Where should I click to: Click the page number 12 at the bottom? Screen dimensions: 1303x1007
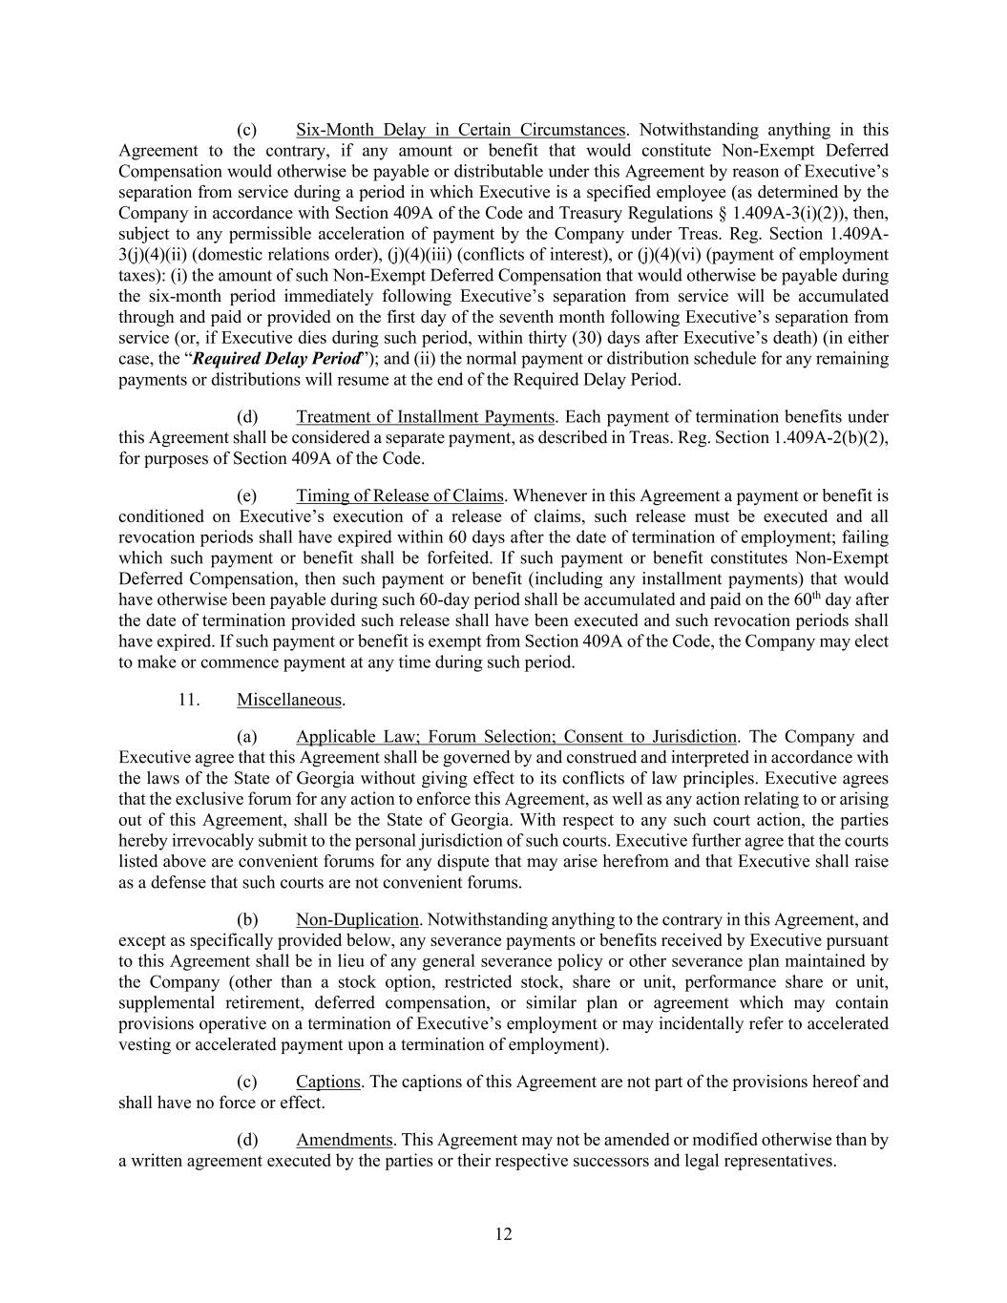pyautogui.click(x=503, y=1234)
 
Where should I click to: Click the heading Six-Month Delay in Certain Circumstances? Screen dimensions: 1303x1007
pyautogui.click(x=460, y=130)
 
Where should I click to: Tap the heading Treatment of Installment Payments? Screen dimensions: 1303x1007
pyautogui.click(x=425, y=417)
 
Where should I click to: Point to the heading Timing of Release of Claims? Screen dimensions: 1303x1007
pyautogui.click(x=399, y=495)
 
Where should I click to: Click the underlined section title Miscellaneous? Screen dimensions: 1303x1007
pyautogui.click(x=288, y=700)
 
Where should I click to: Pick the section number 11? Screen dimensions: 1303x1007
pyautogui.click(x=188, y=700)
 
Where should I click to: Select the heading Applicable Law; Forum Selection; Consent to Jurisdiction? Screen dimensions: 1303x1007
pyautogui.click(x=515, y=737)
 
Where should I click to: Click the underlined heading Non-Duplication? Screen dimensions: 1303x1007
pyautogui.click(x=357, y=920)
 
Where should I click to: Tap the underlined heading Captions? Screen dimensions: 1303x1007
pyautogui.click(x=327, y=1082)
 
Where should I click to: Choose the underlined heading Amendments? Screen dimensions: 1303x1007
pyautogui.click(x=344, y=1140)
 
